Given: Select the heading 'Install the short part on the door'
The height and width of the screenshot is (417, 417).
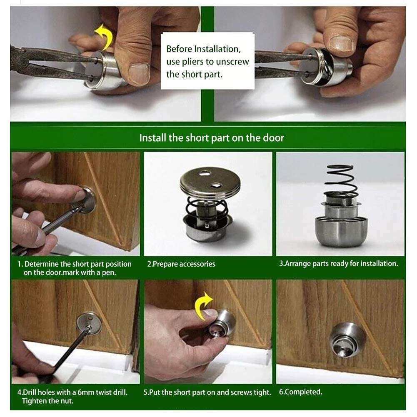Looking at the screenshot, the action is pos(212,138).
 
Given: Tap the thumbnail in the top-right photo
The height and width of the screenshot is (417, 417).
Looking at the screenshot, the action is pos(341,43).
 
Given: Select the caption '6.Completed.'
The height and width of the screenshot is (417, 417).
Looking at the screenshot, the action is pos(300,392).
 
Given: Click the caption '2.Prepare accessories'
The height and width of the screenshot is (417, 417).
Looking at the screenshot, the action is pos(181,264).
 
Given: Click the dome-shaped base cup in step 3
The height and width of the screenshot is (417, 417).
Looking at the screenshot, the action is pos(342,231).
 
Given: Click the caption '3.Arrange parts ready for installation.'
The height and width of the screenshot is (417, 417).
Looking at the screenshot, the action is pos(339,264).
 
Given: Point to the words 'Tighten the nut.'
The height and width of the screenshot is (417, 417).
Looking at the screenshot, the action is pos(47,401).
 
